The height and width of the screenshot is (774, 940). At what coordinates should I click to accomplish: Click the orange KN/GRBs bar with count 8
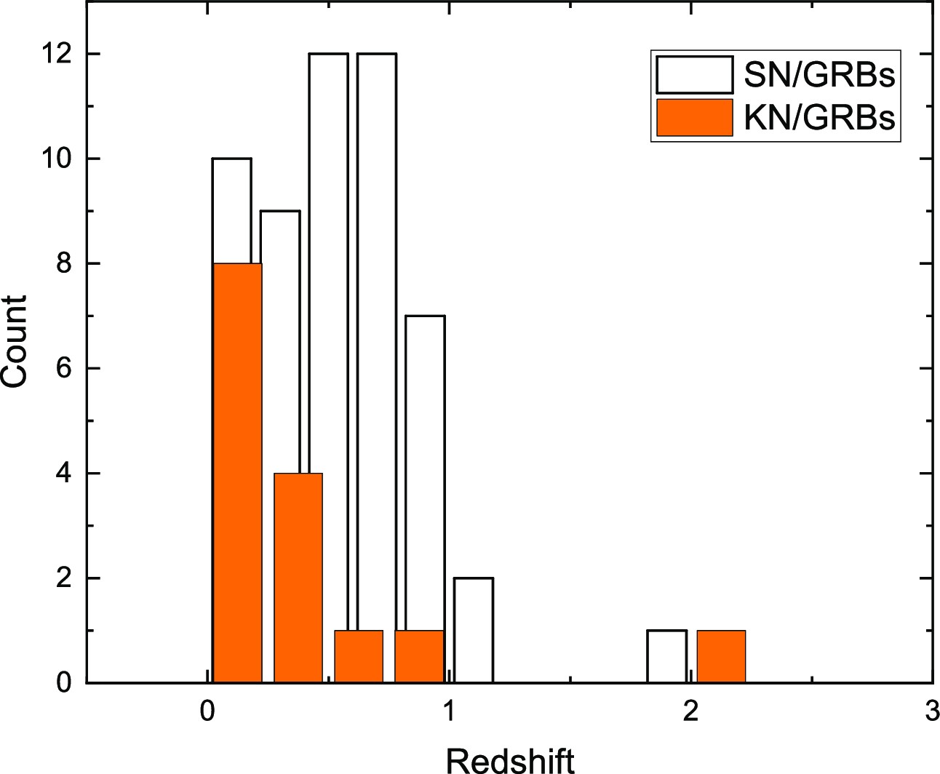pyautogui.click(x=237, y=473)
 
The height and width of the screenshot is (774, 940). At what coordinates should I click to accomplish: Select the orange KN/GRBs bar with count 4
pyautogui.click(x=298, y=578)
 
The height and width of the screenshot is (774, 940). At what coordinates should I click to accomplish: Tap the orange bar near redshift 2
pyautogui.click(x=721, y=657)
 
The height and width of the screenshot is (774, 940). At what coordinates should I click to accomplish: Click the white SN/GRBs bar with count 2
pyautogui.click(x=474, y=630)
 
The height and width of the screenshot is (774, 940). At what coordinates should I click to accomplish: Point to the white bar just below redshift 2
pyautogui.click(x=667, y=657)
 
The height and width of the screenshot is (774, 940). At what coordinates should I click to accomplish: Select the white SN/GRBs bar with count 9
pyautogui.click(x=281, y=342)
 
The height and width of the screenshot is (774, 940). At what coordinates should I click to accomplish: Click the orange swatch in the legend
pyautogui.click(x=694, y=118)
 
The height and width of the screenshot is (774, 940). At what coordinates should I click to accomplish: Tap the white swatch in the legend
pyautogui.click(x=694, y=75)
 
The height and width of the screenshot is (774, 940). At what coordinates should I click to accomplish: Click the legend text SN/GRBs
pyautogui.click(x=818, y=74)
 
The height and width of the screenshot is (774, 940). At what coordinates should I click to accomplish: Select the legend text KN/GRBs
pyautogui.click(x=818, y=118)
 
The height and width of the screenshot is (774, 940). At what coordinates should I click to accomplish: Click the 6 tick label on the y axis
pyautogui.click(x=63, y=369)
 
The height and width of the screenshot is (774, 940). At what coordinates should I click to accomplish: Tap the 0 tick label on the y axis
pyautogui.click(x=63, y=683)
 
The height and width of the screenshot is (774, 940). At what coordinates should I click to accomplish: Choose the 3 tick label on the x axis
pyautogui.click(x=932, y=711)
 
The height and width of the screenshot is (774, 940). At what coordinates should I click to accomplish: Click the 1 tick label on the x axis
pyautogui.click(x=449, y=711)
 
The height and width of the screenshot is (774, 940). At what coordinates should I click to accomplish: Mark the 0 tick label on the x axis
pyautogui.click(x=208, y=711)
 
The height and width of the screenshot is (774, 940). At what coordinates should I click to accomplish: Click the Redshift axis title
pyautogui.click(x=510, y=759)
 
